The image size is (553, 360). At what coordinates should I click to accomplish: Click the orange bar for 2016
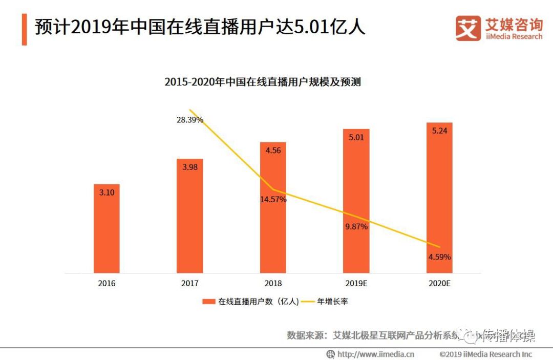pyautogui.click(x=107, y=230)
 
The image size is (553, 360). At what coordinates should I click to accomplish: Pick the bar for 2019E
pyautogui.click(x=356, y=205)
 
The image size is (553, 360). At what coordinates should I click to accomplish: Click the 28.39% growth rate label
pyautogui.click(x=189, y=120)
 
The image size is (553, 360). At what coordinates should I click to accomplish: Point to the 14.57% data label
pyautogui.click(x=273, y=199)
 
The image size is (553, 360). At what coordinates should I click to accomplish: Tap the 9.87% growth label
pyautogui.click(x=356, y=227)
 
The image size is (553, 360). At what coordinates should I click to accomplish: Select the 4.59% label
pyautogui.click(x=439, y=257)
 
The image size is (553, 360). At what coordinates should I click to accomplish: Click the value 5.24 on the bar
pyautogui.click(x=439, y=131)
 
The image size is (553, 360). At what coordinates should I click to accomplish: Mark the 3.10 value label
pyautogui.click(x=107, y=192)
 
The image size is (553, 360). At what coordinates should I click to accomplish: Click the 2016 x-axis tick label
pyautogui.click(x=107, y=283)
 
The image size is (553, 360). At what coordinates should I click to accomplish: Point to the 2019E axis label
pyautogui.click(x=356, y=283)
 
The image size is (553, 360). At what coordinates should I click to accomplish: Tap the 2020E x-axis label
pyautogui.click(x=439, y=283)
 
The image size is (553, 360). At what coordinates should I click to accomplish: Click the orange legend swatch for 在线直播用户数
pyautogui.click(x=208, y=302)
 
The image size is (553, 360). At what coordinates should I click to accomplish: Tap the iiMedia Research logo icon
pyautogui.click(x=468, y=29)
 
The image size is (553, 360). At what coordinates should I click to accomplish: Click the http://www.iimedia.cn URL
pyautogui.click(x=375, y=354)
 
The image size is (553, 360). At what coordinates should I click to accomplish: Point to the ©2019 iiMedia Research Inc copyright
pyautogui.click(x=485, y=354)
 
